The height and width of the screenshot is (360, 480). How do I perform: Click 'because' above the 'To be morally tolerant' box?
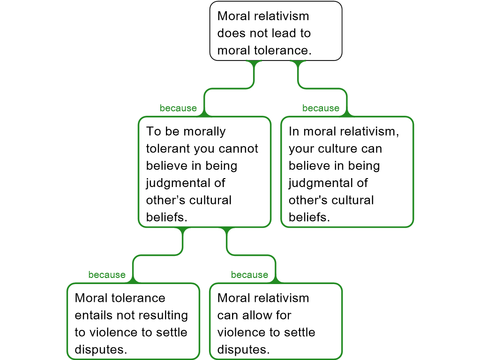click(x=178, y=108)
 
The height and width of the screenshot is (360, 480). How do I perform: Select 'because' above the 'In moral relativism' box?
click(x=321, y=108)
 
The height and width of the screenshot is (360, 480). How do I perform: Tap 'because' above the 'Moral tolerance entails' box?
click(x=107, y=275)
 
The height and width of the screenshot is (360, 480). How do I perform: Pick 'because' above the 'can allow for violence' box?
click(x=249, y=275)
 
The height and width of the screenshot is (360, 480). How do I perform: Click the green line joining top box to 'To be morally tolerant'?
click(x=230, y=89)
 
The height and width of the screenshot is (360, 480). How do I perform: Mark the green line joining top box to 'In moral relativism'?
click(x=322, y=89)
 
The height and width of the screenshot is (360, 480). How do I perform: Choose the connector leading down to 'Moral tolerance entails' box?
click(x=157, y=255)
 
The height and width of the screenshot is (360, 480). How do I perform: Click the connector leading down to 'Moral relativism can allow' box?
click(x=251, y=255)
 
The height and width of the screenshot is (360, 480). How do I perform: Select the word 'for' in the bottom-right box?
click(x=283, y=315)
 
